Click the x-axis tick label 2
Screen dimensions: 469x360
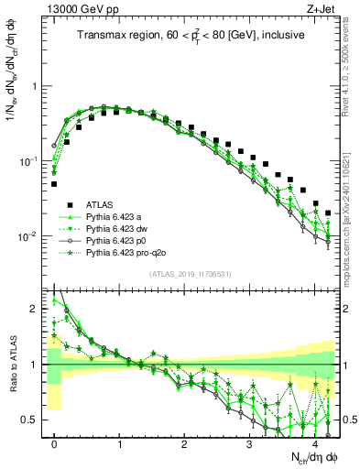tap(184, 442)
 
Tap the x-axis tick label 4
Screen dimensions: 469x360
tap(314, 442)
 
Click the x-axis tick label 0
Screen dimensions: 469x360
tap(54, 442)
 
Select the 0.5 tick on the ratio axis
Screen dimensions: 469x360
tap(30, 420)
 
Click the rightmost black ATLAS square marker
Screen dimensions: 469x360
tap(328, 213)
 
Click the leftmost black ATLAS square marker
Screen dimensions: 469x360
tap(54, 184)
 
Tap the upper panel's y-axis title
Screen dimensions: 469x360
tap(12, 92)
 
